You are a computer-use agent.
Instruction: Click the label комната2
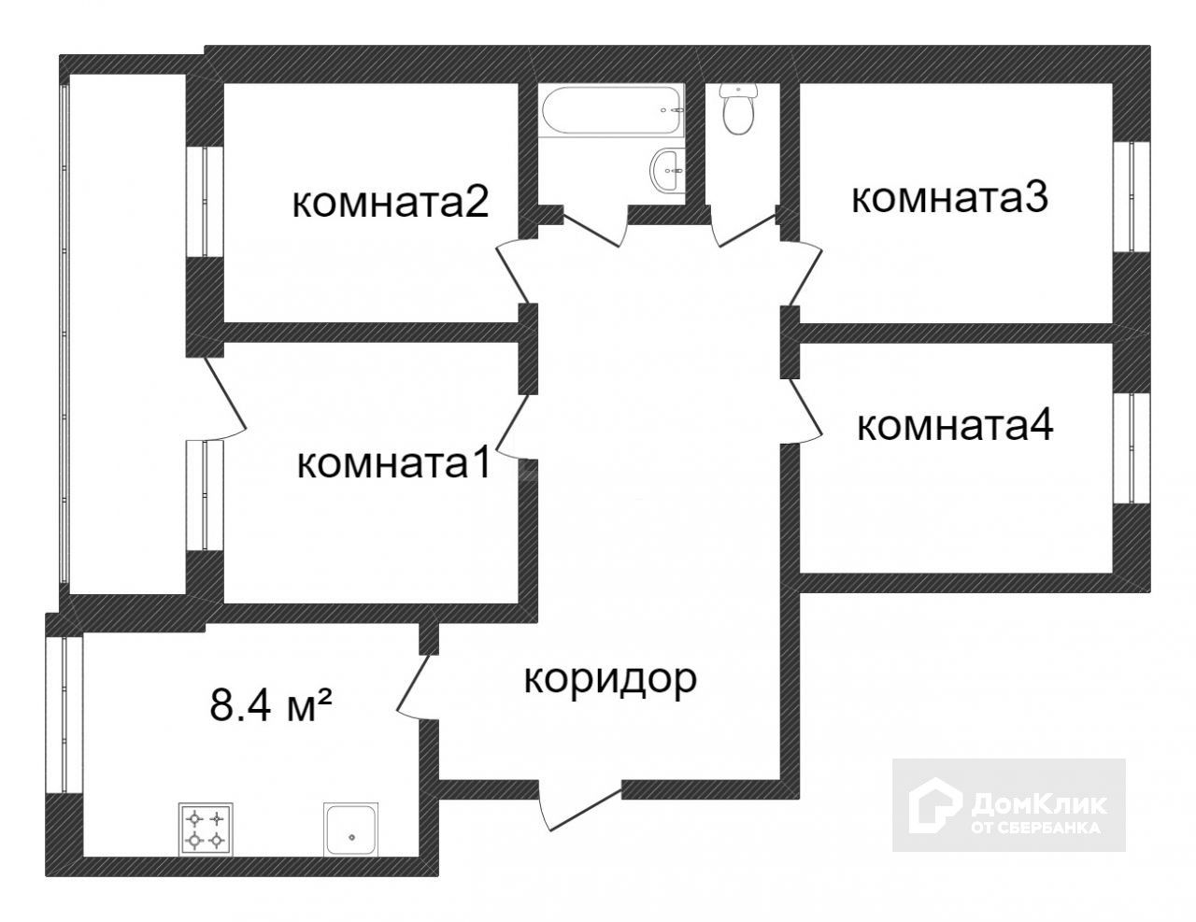click(x=391, y=204)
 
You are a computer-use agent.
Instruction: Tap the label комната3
click(x=949, y=198)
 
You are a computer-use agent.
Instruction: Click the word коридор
click(x=610, y=680)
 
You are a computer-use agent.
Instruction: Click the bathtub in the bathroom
click(x=611, y=109)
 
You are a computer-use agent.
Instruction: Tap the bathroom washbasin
click(x=668, y=170)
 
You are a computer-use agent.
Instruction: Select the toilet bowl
click(x=738, y=109)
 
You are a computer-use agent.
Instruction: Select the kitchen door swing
click(x=418, y=688)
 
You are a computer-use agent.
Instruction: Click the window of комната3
click(x=1132, y=197)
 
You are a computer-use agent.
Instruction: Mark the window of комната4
click(x=1132, y=448)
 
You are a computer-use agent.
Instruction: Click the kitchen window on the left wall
click(x=64, y=715)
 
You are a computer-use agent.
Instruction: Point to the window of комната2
click(x=205, y=202)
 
